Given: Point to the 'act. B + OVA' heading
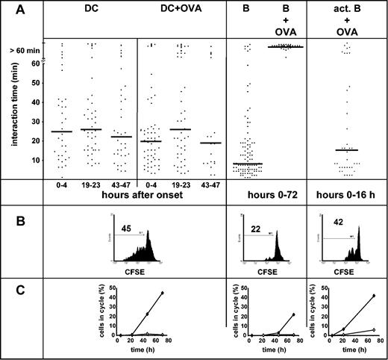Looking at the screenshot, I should click(345, 19).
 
